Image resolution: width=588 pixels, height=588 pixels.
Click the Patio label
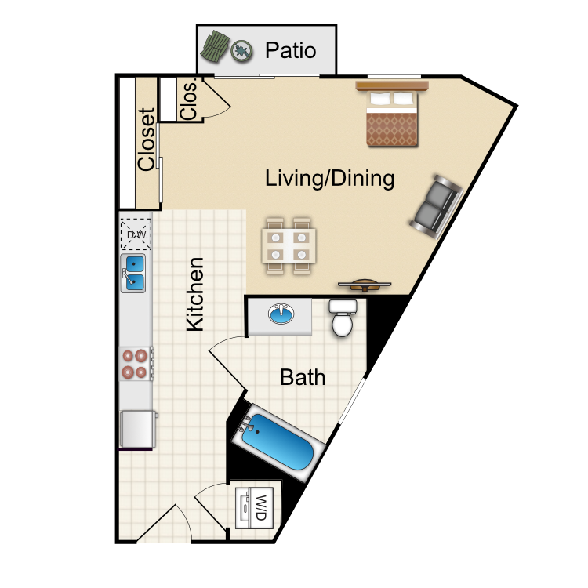(291, 50)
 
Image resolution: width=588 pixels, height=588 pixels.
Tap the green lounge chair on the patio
(215, 46)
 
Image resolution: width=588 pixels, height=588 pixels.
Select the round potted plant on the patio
(241, 51)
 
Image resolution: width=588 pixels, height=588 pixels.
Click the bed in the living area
(392, 114)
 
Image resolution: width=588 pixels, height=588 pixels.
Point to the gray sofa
(437, 206)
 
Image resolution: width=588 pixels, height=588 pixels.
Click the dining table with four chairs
(289, 246)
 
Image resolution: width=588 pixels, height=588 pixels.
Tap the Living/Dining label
(329, 178)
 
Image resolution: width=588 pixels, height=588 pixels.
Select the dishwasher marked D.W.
(136, 234)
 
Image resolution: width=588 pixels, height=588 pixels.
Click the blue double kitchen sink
(133, 273)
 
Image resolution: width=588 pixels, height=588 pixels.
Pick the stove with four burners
(136, 363)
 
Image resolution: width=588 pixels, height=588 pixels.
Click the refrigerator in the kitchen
(138, 429)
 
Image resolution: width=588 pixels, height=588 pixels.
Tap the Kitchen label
(195, 294)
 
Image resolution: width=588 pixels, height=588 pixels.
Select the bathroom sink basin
(281, 314)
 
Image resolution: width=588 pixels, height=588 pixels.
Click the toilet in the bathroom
(343, 318)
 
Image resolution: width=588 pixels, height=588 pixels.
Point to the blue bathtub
(278, 442)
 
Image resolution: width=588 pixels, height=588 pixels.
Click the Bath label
(303, 377)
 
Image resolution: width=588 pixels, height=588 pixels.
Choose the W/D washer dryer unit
(254, 508)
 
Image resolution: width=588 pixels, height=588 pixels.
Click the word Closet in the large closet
(146, 140)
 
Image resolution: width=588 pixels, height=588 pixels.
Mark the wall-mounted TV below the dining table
(365, 285)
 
